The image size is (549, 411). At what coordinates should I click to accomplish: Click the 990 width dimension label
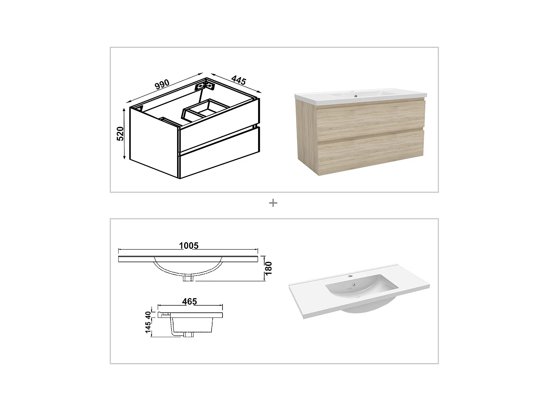pyautogui.click(x=162, y=84)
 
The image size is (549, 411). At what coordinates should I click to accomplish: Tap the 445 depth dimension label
pyautogui.click(x=238, y=80)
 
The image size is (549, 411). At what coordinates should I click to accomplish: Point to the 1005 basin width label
pyautogui.click(x=188, y=246)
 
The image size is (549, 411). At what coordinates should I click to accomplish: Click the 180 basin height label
pyautogui.click(x=269, y=269)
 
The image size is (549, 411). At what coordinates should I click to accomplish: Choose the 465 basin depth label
pyautogui.click(x=190, y=301)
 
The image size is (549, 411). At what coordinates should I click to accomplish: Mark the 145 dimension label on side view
pyautogui.click(x=148, y=327)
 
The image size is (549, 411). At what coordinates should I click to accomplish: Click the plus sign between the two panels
pyautogui.click(x=273, y=203)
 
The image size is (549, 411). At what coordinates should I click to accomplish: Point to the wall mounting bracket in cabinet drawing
pyautogui.click(x=204, y=86)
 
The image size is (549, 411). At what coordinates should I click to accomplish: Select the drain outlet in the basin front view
pyautogui.click(x=188, y=278)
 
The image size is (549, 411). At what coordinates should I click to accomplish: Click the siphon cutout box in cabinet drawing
pyautogui.click(x=203, y=109)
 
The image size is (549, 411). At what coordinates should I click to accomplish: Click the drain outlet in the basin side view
pyautogui.click(x=189, y=334)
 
